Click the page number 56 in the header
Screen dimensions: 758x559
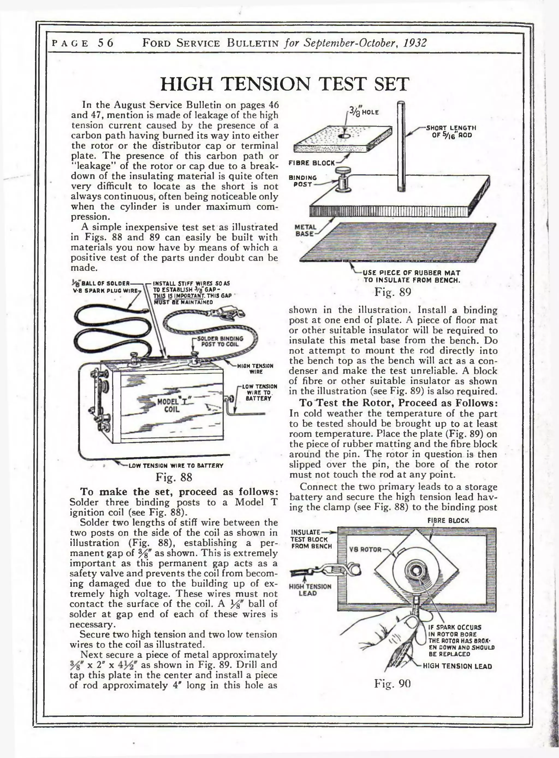(106, 43)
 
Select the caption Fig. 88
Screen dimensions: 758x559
(174, 477)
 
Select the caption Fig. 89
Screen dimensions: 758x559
(393, 292)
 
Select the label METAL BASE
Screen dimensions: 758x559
(305, 230)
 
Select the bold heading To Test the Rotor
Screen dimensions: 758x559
(398, 403)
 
